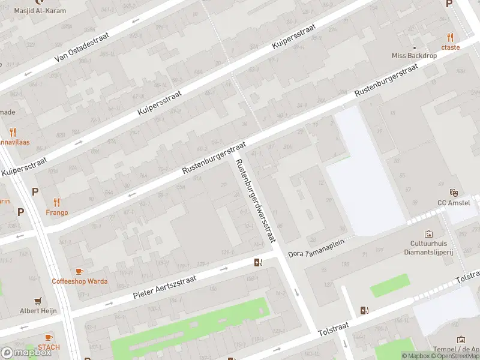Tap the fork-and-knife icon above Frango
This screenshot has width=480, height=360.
57,202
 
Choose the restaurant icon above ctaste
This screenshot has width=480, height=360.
450,37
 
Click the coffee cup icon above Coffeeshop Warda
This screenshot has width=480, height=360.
79,271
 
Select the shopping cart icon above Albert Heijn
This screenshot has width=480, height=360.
39,301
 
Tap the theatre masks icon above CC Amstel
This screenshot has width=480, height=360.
454,193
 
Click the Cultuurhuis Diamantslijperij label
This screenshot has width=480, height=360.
430,248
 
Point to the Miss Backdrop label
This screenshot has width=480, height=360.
414,55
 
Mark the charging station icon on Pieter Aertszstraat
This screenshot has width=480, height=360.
258,262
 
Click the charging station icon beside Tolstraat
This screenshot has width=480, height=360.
364,310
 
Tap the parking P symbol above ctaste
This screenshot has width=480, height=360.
449,4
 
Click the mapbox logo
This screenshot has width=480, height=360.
26,352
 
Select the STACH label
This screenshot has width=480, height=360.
49,347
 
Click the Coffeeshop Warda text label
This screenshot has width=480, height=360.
79,281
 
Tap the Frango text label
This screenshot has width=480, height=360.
57,212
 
